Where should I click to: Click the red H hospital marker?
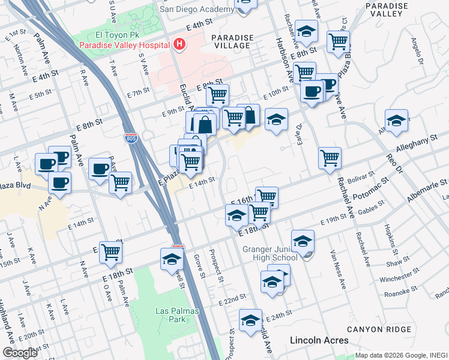178,44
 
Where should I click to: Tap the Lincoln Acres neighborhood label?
319,340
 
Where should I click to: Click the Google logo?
20,352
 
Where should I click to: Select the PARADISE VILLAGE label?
231,41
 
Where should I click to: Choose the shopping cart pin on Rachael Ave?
330,158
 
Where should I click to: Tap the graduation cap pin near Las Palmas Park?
172,260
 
